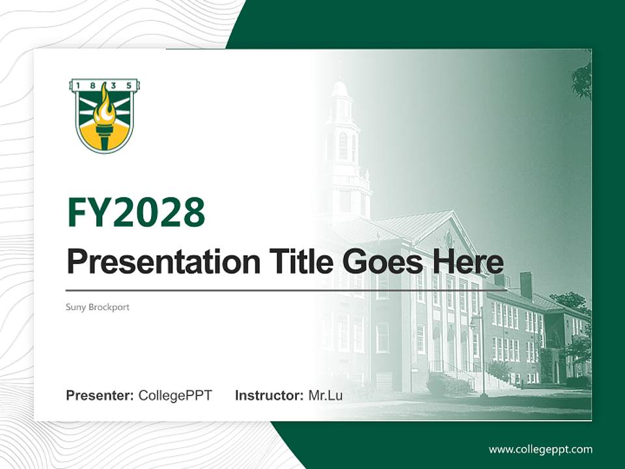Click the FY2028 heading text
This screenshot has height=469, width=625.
(x=136, y=212)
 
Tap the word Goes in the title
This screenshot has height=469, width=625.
(x=380, y=262)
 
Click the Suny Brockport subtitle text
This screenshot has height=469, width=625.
(x=98, y=307)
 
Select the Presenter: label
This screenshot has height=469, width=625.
(x=100, y=395)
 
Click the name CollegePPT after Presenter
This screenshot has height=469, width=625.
(x=175, y=395)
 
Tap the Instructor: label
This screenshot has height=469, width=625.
(x=269, y=395)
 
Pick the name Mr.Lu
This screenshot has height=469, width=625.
(x=325, y=395)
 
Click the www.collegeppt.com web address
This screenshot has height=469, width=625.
(x=540, y=449)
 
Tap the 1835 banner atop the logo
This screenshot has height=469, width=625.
(x=105, y=85)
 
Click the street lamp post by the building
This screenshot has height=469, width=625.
(x=482, y=358)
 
